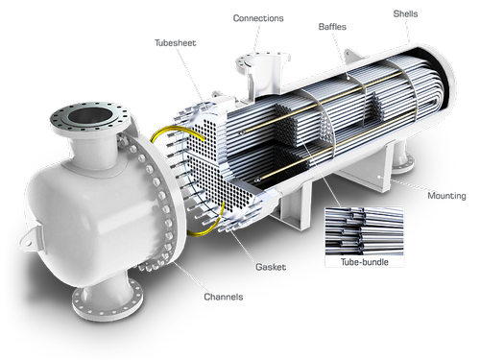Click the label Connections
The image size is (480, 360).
(x=258, y=18)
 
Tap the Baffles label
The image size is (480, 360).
(x=332, y=27)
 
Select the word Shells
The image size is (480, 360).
(x=405, y=13)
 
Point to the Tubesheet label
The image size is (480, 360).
(x=176, y=43)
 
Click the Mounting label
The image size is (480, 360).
(x=446, y=196)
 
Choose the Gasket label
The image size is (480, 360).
(x=271, y=267)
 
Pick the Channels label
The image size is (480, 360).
(x=224, y=297)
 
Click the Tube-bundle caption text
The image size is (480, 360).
(x=365, y=262)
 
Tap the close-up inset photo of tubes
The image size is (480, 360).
(x=364, y=231)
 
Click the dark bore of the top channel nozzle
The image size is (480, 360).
(x=91, y=115)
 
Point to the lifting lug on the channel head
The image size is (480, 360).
(x=32, y=237)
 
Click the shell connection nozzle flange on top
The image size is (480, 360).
(x=262, y=60)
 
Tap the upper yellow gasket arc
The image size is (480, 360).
(x=177, y=132)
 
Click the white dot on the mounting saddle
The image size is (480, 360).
(x=379, y=177)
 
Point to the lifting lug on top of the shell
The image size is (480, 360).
(x=351, y=57)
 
